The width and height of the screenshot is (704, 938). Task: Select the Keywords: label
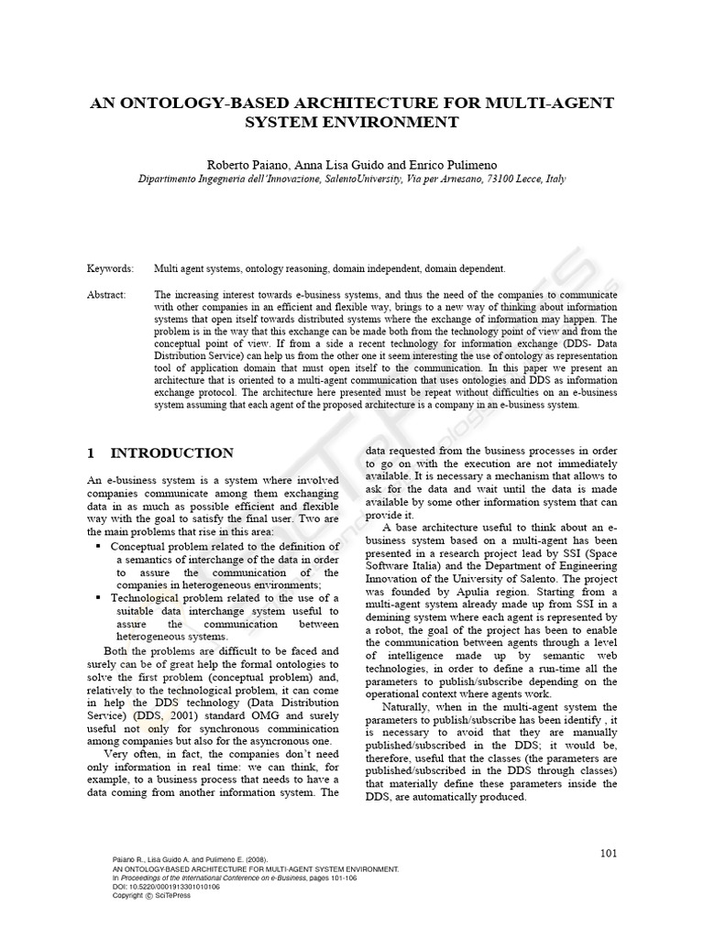click(110, 269)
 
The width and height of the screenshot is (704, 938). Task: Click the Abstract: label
click(107, 295)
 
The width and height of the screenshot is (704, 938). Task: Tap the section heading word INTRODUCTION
click(172, 453)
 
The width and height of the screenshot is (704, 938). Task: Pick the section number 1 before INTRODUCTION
click(91, 453)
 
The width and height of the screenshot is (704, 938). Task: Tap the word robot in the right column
click(389, 643)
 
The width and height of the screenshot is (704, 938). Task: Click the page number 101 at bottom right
click(609, 854)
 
